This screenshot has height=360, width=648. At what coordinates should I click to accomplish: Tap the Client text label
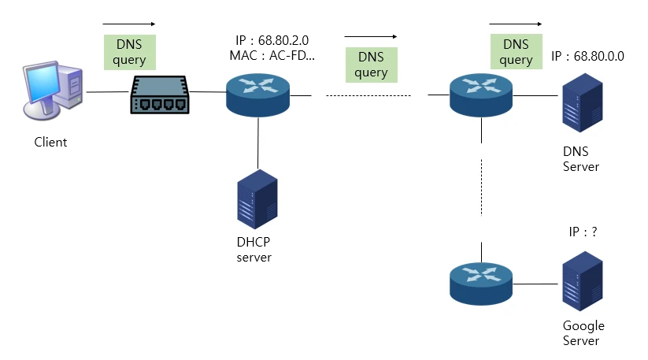(x=50, y=143)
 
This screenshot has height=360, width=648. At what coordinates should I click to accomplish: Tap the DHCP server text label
(x=254, y=250)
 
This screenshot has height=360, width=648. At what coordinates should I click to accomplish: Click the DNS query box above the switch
(x=130, y=51)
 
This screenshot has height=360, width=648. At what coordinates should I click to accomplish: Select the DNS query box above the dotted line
(x=371, y=65)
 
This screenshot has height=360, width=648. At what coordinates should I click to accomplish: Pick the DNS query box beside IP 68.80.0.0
(x=516, y=51)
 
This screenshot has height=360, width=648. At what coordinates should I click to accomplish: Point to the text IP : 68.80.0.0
(x=587, y=57)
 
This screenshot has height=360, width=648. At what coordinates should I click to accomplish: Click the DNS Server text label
(x=581, y=159)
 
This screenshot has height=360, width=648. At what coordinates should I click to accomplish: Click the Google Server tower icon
(x=581, y=281)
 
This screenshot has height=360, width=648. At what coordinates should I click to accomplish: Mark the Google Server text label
(x=583, y=333)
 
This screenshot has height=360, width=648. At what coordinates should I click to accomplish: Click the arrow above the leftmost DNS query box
(x=130, y=24)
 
